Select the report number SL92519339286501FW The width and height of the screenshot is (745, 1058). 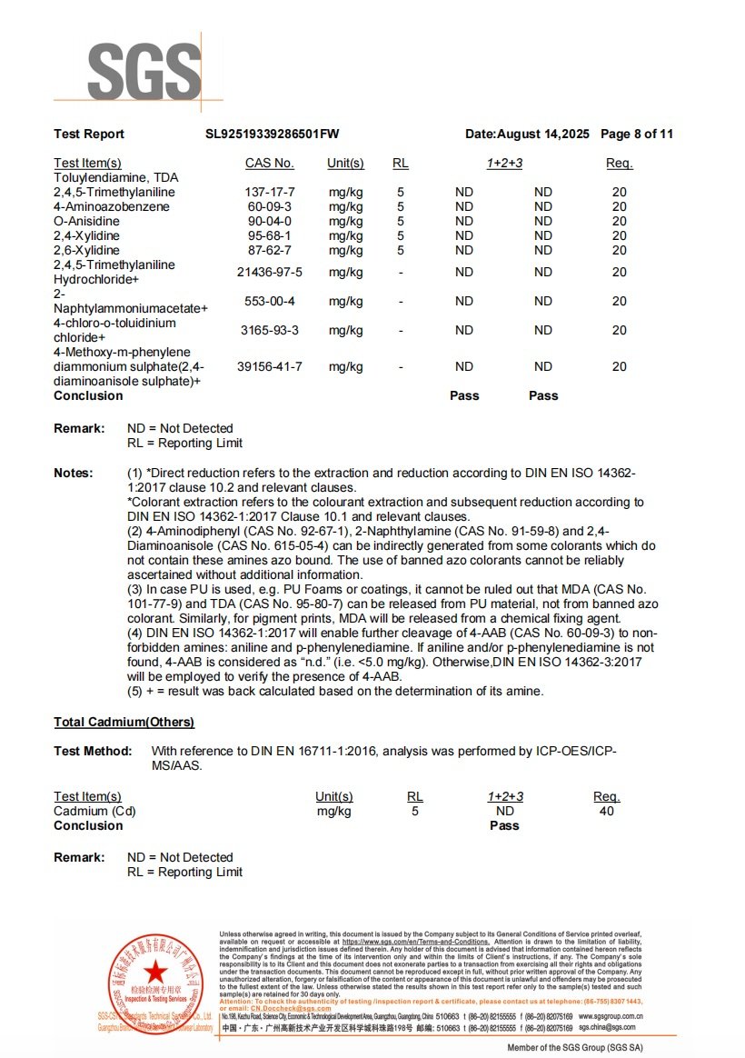(273, 135)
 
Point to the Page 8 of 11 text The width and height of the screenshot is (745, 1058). (637, 135)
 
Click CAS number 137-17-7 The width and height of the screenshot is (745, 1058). (270, 193)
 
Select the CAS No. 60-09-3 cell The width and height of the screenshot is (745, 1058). (270, 207)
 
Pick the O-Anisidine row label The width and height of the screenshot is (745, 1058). (86, 222)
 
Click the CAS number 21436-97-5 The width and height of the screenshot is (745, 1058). (270, 272)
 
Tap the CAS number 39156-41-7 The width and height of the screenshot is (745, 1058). (270, 366)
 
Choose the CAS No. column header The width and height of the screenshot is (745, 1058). (270, 164)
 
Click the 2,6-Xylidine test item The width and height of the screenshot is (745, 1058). (86, 250)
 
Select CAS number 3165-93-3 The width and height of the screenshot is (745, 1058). (270, 330)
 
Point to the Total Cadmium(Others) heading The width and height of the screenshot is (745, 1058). (124, 723)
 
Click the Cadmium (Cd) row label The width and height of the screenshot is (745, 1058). (94, 811)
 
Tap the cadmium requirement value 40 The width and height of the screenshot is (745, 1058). (607, 811)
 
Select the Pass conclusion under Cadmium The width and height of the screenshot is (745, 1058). (504, 825)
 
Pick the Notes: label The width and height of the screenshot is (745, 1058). (73, 473)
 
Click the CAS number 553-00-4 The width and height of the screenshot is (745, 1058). (270, 301)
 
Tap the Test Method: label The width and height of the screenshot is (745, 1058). (93, 751)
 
